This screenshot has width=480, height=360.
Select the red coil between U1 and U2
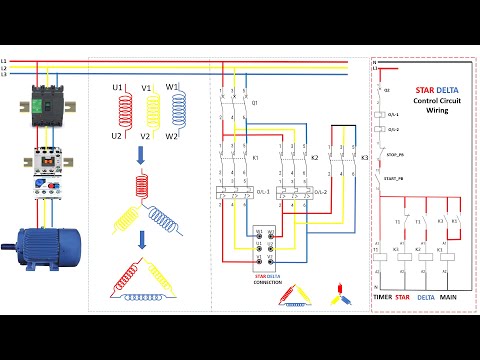[117, 112]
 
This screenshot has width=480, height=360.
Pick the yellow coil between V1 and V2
[146, 112]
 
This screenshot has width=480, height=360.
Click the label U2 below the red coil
[117, 136]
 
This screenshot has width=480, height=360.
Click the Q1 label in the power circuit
[255, 103]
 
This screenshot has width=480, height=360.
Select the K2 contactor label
[314, 158]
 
